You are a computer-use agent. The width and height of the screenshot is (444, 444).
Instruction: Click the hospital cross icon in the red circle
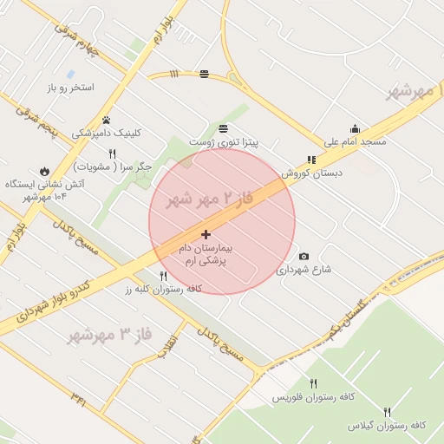[206, 234]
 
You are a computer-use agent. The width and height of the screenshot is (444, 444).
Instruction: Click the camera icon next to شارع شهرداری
[304, 256]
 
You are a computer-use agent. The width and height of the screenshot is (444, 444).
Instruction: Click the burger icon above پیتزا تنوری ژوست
[212, 127]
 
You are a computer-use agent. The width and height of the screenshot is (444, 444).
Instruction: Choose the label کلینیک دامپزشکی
[106, 134]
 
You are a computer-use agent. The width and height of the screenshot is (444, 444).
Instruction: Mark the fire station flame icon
[43, 171]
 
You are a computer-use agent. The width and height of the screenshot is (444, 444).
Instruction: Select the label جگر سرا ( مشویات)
[114, 166]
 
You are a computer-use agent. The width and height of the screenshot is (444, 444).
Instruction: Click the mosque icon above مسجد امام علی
[354, 128]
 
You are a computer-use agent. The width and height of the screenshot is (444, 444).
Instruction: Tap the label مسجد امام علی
[355, 141]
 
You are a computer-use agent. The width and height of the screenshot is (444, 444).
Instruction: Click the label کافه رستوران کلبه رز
[164, 289]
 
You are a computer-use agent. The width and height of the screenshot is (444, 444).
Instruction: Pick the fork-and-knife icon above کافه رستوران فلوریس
[313, 383]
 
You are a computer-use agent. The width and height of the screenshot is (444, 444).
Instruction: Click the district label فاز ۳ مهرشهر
[100, 332]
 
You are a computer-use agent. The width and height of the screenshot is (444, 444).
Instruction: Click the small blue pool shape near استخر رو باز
[70, 74]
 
